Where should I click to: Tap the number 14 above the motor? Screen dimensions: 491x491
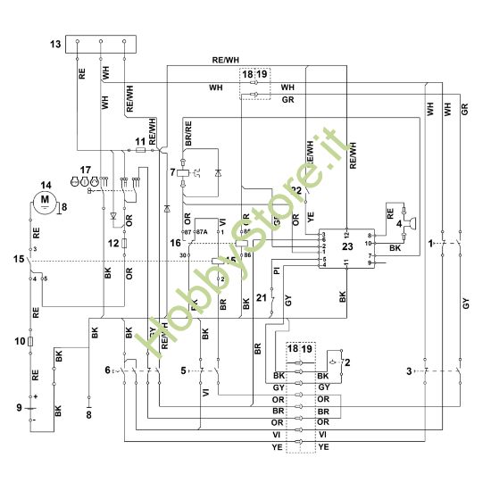tap(46, 185)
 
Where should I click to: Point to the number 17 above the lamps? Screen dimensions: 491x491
tap(86, 169)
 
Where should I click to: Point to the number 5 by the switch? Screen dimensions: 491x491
tap(184, 369)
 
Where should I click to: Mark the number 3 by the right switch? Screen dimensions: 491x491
tap(410, 369)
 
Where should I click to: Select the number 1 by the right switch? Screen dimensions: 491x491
tap(430, 242)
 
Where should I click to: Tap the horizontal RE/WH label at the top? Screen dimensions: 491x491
tap(226, 59)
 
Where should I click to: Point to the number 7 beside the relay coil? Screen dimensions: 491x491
tap(173, 171)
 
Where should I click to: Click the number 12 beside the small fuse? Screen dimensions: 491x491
tap(113, 243)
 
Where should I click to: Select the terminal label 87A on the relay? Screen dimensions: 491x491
tap(202, 231)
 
